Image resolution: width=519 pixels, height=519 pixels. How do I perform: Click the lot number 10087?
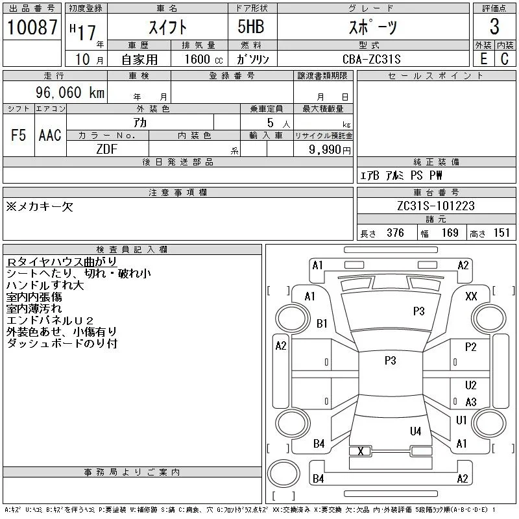tap(32, 27)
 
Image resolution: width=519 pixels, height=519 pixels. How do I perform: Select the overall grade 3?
tap(494, 27)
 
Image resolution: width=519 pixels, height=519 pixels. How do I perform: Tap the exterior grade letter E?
tap(483, 59)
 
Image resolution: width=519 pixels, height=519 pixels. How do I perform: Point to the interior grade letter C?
tap(505, 59)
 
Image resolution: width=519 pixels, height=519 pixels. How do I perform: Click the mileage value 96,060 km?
tap(70, 92)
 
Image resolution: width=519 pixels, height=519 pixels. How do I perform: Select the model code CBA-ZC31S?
tap(371, 59)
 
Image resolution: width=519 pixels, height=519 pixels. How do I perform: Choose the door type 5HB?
tap(251, 27)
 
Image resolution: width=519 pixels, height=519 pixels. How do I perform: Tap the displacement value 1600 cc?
tap(204, 59)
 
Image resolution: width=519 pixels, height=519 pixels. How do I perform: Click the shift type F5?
tap(19, 135)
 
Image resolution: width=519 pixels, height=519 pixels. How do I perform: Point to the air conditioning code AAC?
tap(50, 135)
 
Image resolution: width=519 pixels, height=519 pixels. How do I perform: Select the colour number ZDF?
tap(107, 149)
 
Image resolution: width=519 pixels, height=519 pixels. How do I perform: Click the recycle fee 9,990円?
tap(330, 150)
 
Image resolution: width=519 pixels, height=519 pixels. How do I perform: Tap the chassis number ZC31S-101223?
tap(436, 206)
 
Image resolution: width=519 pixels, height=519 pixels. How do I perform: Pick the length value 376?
tap(395, 233)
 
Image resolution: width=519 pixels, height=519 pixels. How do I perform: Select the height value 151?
tap(501, 233)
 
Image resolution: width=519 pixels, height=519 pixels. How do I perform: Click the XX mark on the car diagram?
tap(471, 296)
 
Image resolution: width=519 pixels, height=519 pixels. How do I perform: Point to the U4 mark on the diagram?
tap(415, 431)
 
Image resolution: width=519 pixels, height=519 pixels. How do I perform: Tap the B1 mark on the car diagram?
tap(322, 323)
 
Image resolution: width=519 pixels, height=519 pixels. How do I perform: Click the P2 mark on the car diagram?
tap(470, 347)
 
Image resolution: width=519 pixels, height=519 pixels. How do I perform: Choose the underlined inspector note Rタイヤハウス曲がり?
tap(62, 262)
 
